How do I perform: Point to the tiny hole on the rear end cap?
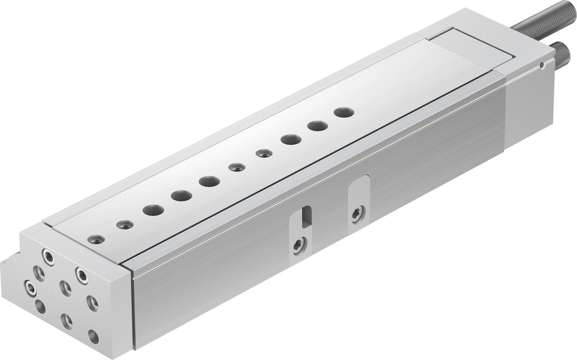pyautogui.click(x=541, y=65)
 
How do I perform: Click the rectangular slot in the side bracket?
pyautogui.click(x=307, y=215)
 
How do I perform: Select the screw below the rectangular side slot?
pyautogui.click(x=298, y=246)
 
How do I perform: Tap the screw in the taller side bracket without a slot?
pyautogui.click(x=358, y=213)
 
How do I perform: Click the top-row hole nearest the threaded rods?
pyautogui.click(x=344, y=112)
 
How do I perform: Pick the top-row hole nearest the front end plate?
pyautogui.click(x=96, y=239)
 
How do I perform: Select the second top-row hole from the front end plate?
pyautogui.click(x=125, y=224)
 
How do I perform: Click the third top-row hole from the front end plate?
pyautogui.click(x=153, y=210)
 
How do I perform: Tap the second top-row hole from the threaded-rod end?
pyautogui.click(x=317, y=126)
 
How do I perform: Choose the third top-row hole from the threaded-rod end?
pyautogui.click(x=291, y=140)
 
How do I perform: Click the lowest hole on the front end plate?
pyautogui.click(x=93, y=336)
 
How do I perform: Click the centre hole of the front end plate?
pyautogui.click(x=66, y=288)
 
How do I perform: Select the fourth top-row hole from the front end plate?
pyautogui.click(x=181, y=196)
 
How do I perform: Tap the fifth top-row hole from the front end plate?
pyautogui.click(x=209, y=182)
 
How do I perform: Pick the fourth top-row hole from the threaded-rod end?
pyautogui.click(x=264, y=153)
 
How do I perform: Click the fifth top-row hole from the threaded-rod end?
pyautogui.click(x=237, y=167)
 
